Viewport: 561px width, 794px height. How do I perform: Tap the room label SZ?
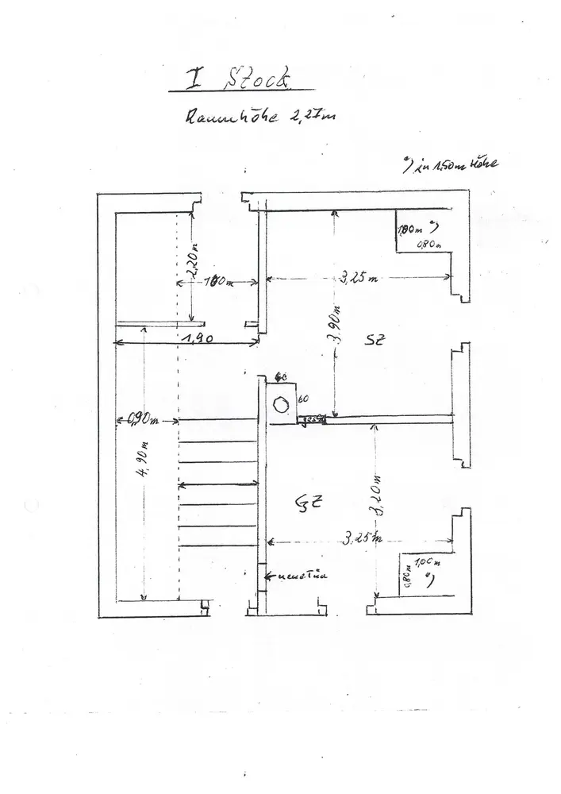(375, 340)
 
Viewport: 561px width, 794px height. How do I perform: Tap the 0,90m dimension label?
(145, 418)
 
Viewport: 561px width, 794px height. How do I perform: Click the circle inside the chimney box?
(280, 404)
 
